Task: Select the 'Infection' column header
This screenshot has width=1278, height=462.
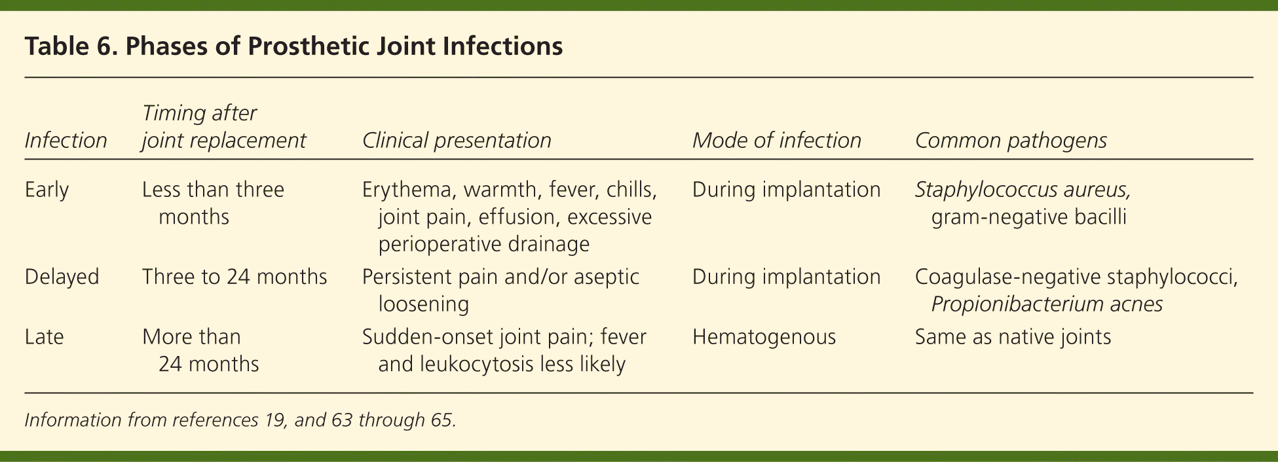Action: [x=66, y=140]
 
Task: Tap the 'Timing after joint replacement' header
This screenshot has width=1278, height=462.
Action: [x=224, y=126]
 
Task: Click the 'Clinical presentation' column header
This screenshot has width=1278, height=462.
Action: [x=457, y=140]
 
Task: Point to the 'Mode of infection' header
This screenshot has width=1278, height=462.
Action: [x=776, y=140]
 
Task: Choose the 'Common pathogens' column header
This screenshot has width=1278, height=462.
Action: [x=1011, y=140]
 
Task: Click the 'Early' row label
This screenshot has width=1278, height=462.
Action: [x=47, y=190]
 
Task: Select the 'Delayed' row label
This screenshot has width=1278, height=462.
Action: [x=62, y=277]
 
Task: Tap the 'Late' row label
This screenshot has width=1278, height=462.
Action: [x=44, y=337]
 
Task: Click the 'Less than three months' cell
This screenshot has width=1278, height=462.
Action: [x=213, y=203]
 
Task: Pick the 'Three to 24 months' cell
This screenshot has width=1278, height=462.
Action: [x=235, y=277]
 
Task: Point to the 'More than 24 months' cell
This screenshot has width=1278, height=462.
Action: [x=200, y=350]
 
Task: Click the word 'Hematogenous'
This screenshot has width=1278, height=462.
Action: [x=764, y=337]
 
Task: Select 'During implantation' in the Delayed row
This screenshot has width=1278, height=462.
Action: [x=787, y=277]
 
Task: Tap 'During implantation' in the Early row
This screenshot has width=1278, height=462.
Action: [x=787, y=190]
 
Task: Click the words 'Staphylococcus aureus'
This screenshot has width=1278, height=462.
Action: [x=1021, y=190]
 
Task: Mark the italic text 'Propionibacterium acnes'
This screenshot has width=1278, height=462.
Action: [x=1047, y=304]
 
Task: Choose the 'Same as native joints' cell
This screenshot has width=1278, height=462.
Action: [x=1013, y=337]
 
